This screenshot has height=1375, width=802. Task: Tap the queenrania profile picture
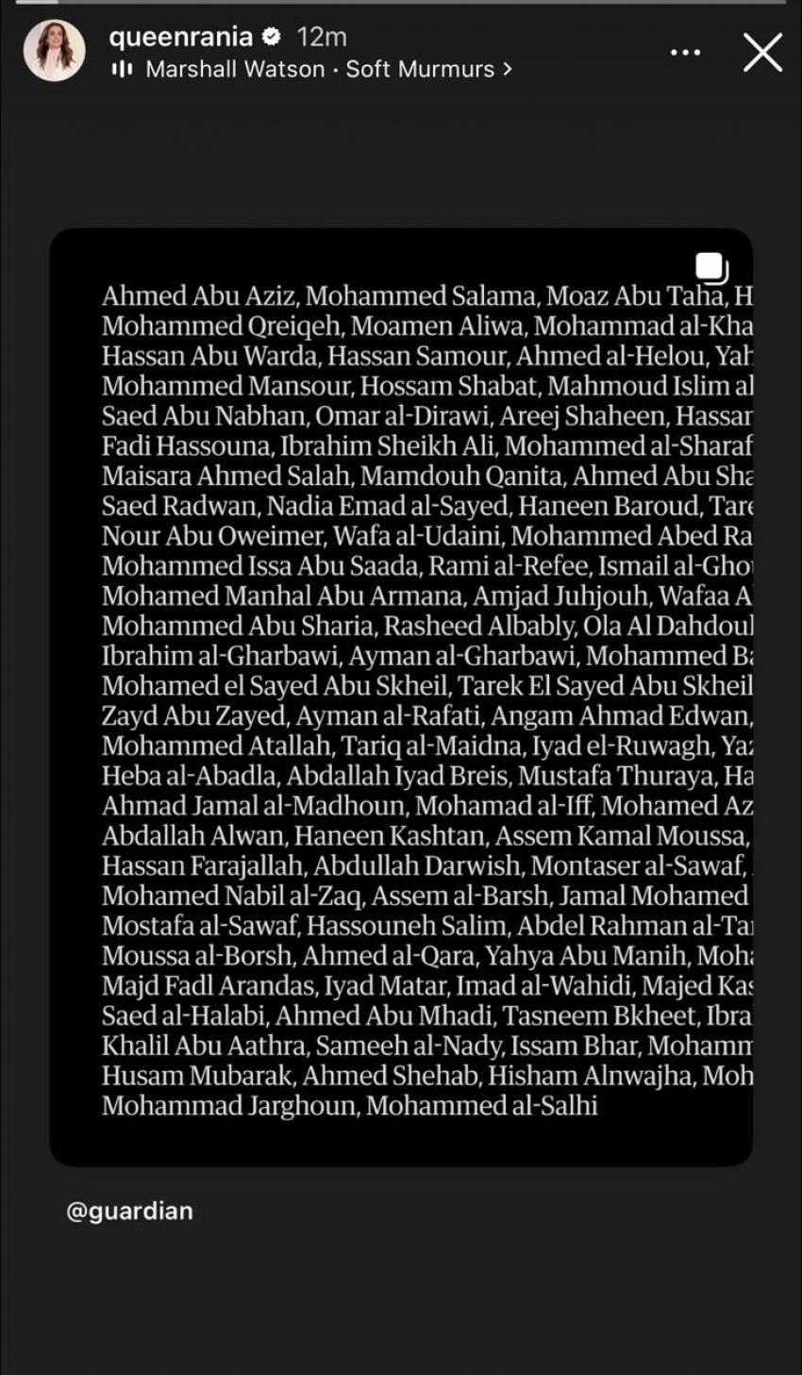pos(54,50)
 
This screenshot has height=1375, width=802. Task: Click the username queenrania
pos(180,37)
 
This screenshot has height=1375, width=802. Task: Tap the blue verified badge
pos(272,37)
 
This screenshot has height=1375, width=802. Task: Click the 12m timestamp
pos(322,37)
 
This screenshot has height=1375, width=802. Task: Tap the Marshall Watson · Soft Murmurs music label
pos(320,69)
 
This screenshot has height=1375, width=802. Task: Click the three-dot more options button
pos(686,52)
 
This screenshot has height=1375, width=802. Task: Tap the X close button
pos(762,52)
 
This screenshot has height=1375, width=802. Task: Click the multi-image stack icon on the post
pos(711,267)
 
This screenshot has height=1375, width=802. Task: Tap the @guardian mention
pos(129,1211)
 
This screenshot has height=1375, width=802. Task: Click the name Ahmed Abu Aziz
pos(200,296)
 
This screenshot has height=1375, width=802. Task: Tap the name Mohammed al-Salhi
pos(481,1105)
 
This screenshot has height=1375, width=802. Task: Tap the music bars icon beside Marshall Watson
pos(123,69)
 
